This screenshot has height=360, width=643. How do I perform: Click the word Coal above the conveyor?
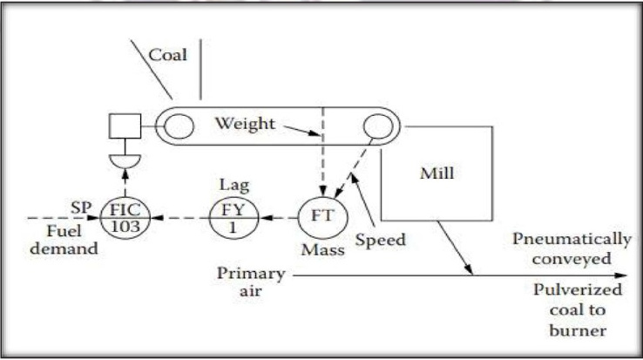(167, 55)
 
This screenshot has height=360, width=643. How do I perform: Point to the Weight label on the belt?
(245, 123)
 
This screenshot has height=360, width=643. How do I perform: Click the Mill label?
(437, 173)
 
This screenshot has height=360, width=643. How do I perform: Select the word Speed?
(380, 240)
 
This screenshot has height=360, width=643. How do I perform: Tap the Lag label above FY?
(234, 185)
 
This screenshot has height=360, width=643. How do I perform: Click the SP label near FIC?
(80, 207)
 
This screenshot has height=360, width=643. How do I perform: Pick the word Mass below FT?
(322, 249)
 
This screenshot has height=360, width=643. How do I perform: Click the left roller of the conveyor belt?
(179, 126)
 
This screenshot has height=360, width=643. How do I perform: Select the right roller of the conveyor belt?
(377, 126)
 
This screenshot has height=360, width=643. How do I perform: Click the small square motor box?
(125, 126)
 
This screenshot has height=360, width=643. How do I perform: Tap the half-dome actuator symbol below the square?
(125, 161)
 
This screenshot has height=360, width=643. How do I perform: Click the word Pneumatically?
(572, 240)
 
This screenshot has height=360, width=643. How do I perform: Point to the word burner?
(578, 330)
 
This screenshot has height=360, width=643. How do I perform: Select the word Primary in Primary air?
(251, 274)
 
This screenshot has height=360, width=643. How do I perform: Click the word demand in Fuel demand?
(64, 248)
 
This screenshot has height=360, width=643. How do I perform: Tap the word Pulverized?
(578, 289)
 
